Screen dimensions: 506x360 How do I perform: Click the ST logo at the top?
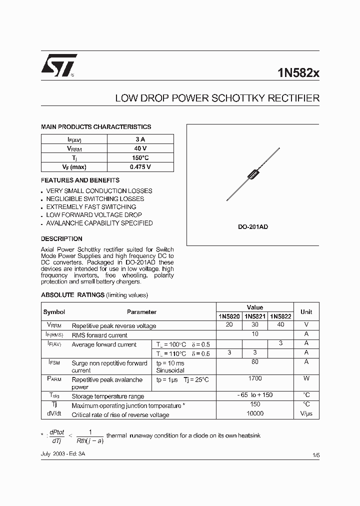pos(58,65)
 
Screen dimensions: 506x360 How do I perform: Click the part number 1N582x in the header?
pos(298,72)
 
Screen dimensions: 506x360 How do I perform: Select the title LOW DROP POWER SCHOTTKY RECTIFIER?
pos(217,98)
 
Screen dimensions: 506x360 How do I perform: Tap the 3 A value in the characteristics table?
pos(140,139)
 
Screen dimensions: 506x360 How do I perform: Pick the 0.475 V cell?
pos(140,167)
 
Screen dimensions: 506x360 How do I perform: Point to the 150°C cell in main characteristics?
pos(140,158)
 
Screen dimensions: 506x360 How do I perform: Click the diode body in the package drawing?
pos(253,174)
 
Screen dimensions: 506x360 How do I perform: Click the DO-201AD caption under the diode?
pos(252,227)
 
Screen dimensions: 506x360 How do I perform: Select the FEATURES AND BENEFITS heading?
pos(80,180)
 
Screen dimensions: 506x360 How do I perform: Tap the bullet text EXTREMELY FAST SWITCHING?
pos(91,207)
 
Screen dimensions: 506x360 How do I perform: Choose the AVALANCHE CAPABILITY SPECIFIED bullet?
pos(99,223)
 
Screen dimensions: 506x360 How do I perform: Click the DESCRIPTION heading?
pos(61,238)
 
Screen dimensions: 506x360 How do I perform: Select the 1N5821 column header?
pos(255,316)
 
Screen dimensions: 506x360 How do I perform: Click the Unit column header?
pos(306,311)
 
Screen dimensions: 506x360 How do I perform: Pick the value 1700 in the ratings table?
pos(255,378)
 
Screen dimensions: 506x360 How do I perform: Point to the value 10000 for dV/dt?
pos(255,414)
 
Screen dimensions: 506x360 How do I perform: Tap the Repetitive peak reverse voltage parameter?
pos(114,326)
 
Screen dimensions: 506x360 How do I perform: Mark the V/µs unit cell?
pos(306,414)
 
